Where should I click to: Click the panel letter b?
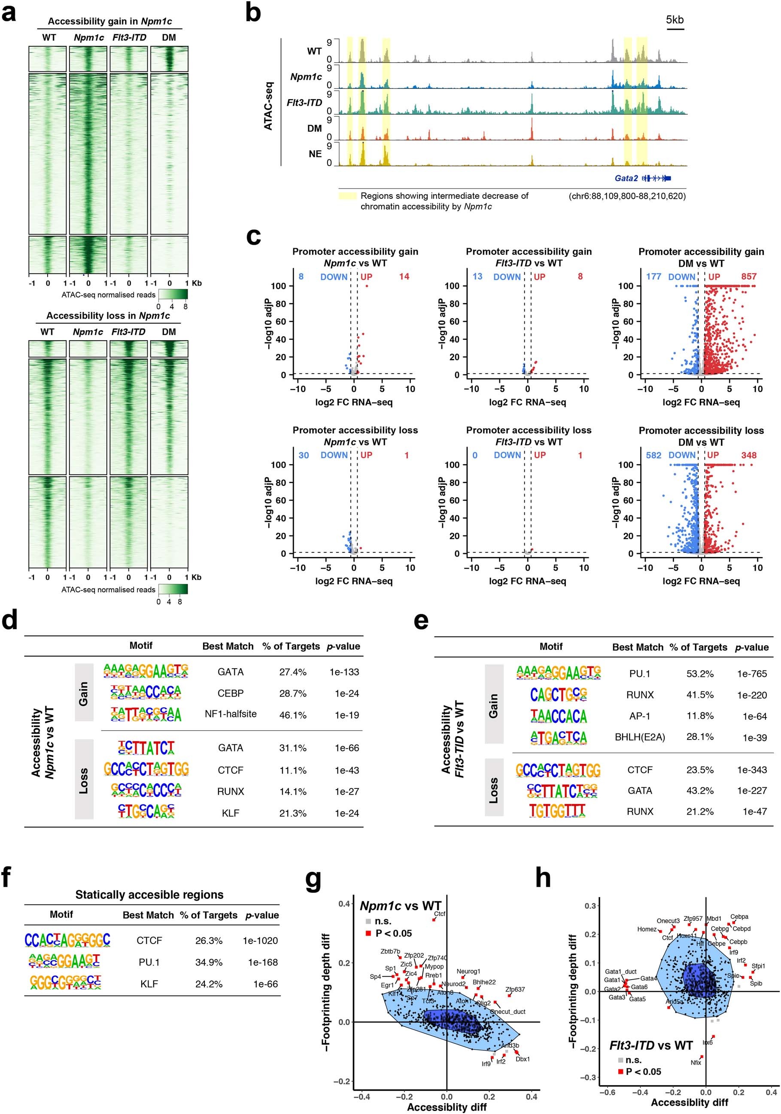point(253,13)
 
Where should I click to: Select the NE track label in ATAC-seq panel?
point(315,154)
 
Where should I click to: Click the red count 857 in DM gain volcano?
point(748,277)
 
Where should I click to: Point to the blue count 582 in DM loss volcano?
point(653,455)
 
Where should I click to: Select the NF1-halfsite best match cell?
point(231,714)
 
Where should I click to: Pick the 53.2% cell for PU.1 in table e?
point(699,674)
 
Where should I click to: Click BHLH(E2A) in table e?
point(640,737)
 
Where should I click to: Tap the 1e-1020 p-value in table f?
point(260,941)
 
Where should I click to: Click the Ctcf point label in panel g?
point(440,913)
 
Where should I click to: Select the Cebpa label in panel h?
point(739,916)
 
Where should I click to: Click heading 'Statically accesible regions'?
point(149,895)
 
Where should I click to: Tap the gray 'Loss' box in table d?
point(84,781)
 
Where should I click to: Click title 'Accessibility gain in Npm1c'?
point(109,21)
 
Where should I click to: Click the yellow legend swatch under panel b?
point(347,196)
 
